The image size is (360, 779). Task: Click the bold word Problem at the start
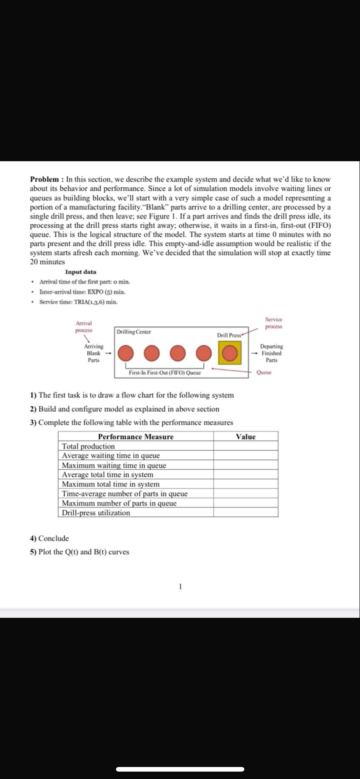coord(44,179)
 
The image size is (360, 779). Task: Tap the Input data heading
coord(81,272)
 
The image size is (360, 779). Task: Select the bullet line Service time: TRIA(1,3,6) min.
coord(78,302)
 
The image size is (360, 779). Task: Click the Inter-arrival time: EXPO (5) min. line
coord(82,292)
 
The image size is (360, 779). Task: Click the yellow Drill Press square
coord(229,353)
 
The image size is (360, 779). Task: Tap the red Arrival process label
coord(84,327)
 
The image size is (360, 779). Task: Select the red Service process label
coord(274,323)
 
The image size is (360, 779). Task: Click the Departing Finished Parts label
coord(271,353)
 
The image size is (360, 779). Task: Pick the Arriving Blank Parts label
coord(94,353)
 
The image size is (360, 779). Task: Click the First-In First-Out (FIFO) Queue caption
coord(165,373)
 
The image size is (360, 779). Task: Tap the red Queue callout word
coord(264,373)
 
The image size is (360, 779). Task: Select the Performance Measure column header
coord(136,437)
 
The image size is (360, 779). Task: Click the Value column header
coord(246,437)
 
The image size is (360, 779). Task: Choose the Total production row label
coord(88,446)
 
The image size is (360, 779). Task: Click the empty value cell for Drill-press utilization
coord(246,513)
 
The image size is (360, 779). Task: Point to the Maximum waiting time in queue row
coord(114,465)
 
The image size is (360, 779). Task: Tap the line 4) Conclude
coord(49,538)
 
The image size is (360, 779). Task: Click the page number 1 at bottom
coord(180,587)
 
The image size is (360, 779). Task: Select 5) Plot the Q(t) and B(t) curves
coord(79,552)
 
